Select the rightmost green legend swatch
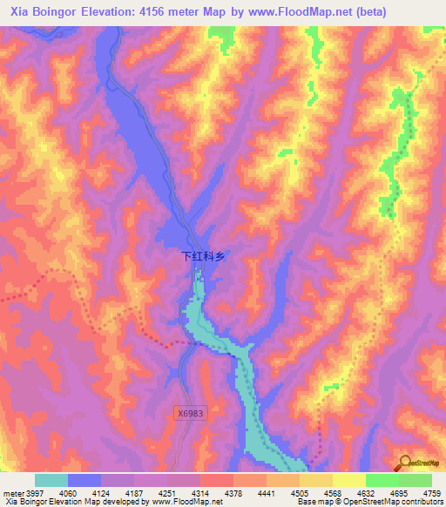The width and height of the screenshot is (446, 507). pyautogui.click(x=416, y=480)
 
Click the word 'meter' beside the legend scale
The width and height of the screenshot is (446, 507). pyautogui.click(x=11, y=494)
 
